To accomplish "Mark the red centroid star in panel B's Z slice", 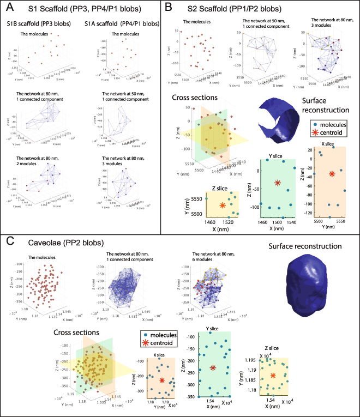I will tap(222, 205).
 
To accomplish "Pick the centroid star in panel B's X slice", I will tap(332, 174).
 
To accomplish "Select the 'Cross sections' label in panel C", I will tap(75, 333).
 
